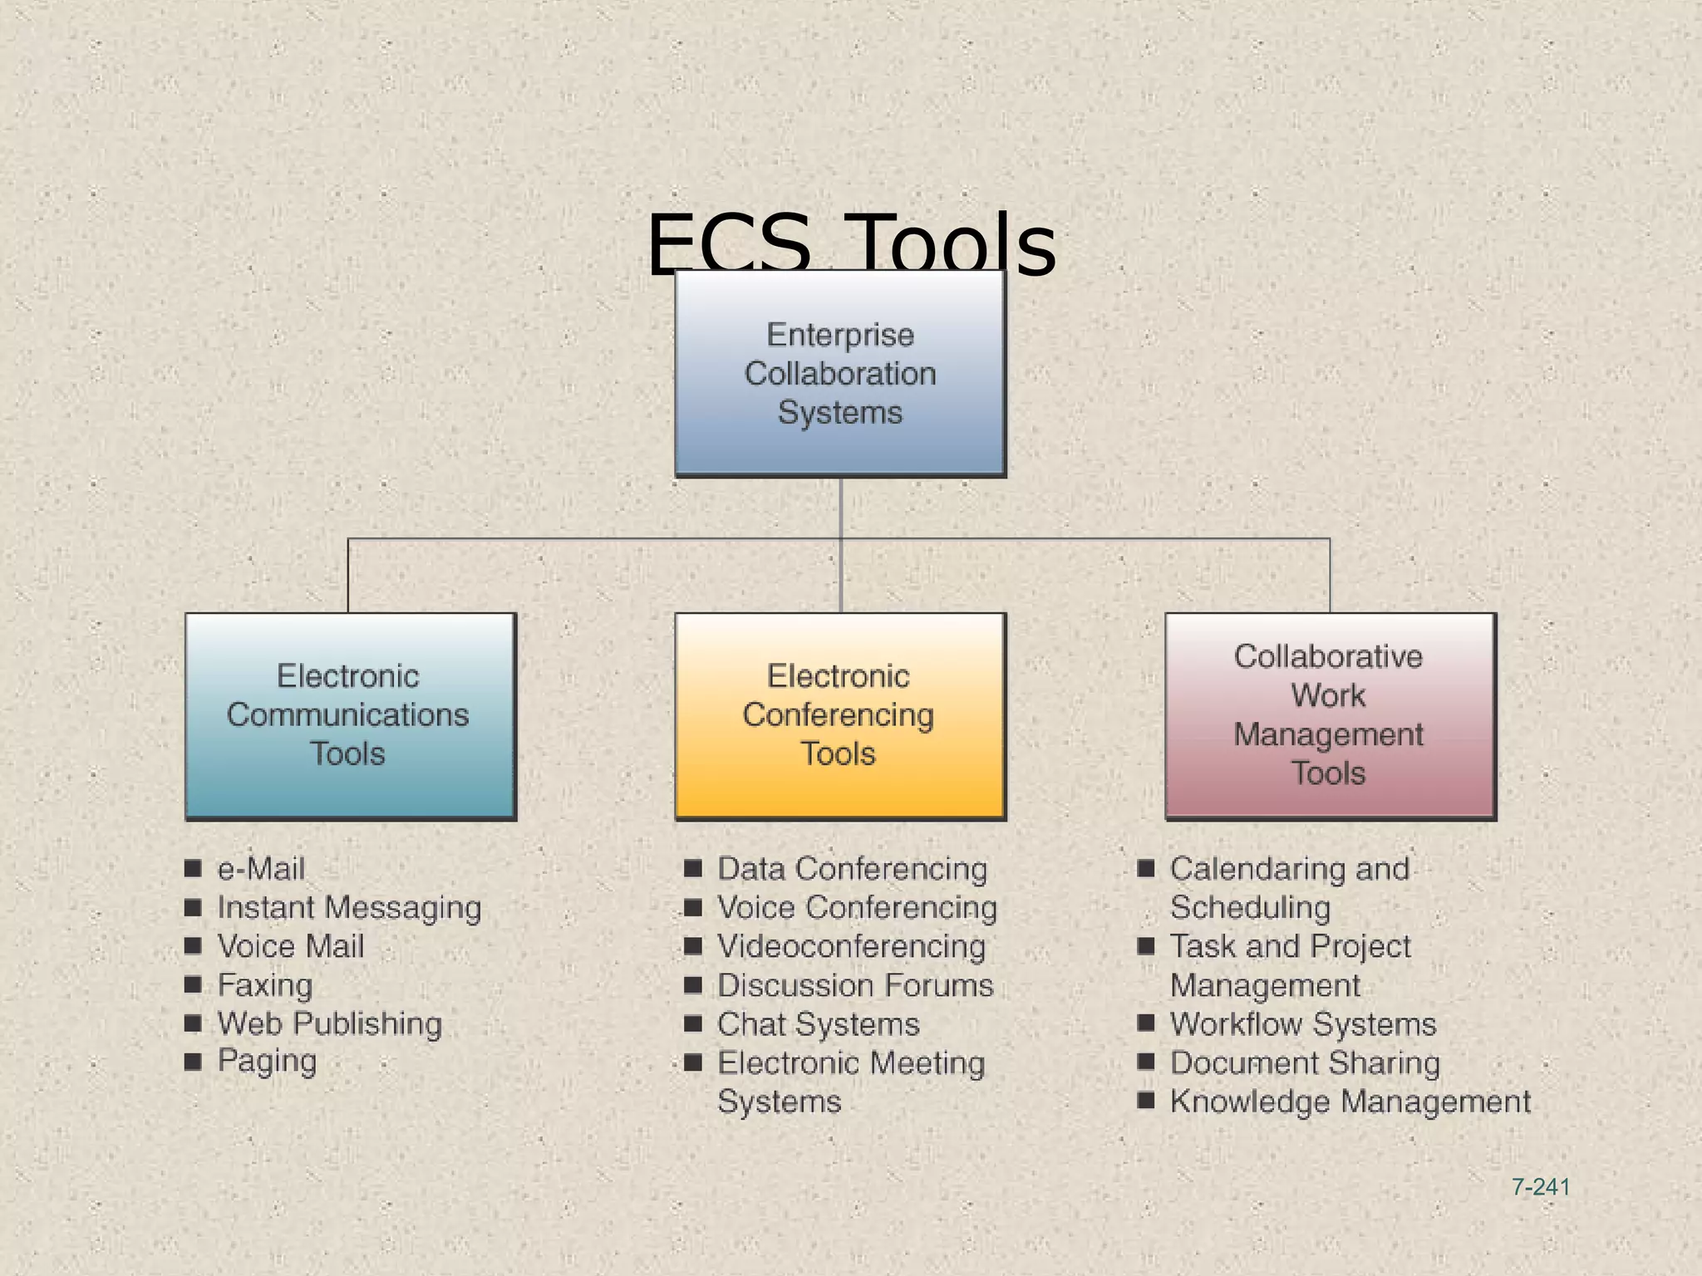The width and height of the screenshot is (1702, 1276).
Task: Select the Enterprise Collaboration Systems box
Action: click(x=840, y=373)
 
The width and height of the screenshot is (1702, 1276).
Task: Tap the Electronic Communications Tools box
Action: click(x=349, y=715)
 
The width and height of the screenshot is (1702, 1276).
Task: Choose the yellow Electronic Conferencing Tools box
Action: click(x=839, y=715)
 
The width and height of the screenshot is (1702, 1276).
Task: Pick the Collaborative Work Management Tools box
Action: click(x=1329, y=715)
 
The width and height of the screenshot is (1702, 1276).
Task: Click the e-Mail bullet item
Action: click(x=261, y=869)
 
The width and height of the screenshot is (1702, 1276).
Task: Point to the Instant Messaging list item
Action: click(x=349, y=907)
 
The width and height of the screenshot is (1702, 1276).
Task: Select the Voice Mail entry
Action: click(x=291, y=946)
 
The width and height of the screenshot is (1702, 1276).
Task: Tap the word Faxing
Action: click(x=265, y=985)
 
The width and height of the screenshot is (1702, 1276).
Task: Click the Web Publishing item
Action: click(x=330, y=1023)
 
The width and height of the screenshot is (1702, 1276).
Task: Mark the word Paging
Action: click(x=267, y=1062)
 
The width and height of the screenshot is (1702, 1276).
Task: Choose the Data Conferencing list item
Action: click(x=852, y=869)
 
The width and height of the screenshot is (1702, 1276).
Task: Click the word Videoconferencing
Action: click(x=851, y=946)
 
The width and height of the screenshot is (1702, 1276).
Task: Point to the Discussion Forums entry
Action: click(x=855, y=985)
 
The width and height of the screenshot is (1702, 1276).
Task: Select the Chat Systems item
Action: click(x=819, y=1023)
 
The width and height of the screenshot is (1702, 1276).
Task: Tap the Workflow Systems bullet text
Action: click(x=1303, y=1023)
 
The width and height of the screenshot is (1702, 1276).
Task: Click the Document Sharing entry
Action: click(x=1305, y=1063)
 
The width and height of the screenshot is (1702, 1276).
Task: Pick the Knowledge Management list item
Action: click(x=1350, y=1102)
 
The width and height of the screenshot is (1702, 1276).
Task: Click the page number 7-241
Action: click(x=1540, y=1187)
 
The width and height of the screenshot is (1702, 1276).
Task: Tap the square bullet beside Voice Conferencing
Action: click(x=692, y=907)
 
